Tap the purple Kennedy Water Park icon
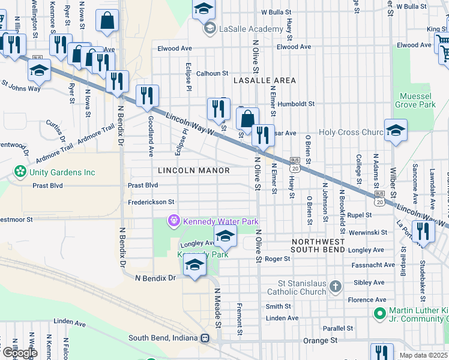pyautogui.click(x=174, y=221)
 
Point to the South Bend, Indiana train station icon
pyautogui.click(x=205, y=338)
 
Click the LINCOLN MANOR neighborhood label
pyautogui.click(x=194, y=171)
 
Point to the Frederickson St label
pyautogui.click(x=151, y=202)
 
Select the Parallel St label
pyautogui.click(x=337, y=329)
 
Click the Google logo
pyautogui.click(x=20, y=352)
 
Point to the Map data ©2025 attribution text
pyautogui.click(x=424, y=355)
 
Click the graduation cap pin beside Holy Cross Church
pyautogui.click(x=396, y=130)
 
